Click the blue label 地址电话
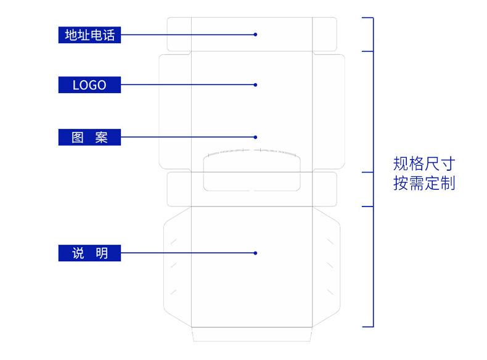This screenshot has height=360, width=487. coord(89,35)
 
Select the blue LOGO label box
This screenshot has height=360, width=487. coord(89,85)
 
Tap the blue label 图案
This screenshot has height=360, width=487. coord(89,137)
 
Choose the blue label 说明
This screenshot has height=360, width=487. coord(89,253)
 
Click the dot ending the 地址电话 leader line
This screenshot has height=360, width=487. coord(255,35)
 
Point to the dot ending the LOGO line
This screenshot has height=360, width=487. coord(255,85)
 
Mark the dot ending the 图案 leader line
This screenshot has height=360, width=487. coord(255,137)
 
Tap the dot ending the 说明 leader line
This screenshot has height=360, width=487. coord(255,253)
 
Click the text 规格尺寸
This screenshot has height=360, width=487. coord(424,164)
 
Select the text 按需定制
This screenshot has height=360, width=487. coord(424,183)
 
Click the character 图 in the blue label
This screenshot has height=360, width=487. coord(77,137)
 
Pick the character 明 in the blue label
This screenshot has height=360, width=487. coord(102,253)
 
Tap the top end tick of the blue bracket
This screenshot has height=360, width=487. coord(368,18)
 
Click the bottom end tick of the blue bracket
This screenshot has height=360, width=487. coord(368,327)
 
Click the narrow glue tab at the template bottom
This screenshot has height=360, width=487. coord(252,334)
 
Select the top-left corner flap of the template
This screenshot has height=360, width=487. coord(179,34)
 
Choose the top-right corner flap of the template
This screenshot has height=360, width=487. coord(324,34)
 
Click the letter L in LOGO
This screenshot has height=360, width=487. coord(76,85)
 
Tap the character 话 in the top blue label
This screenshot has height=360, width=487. coord(109,35)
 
